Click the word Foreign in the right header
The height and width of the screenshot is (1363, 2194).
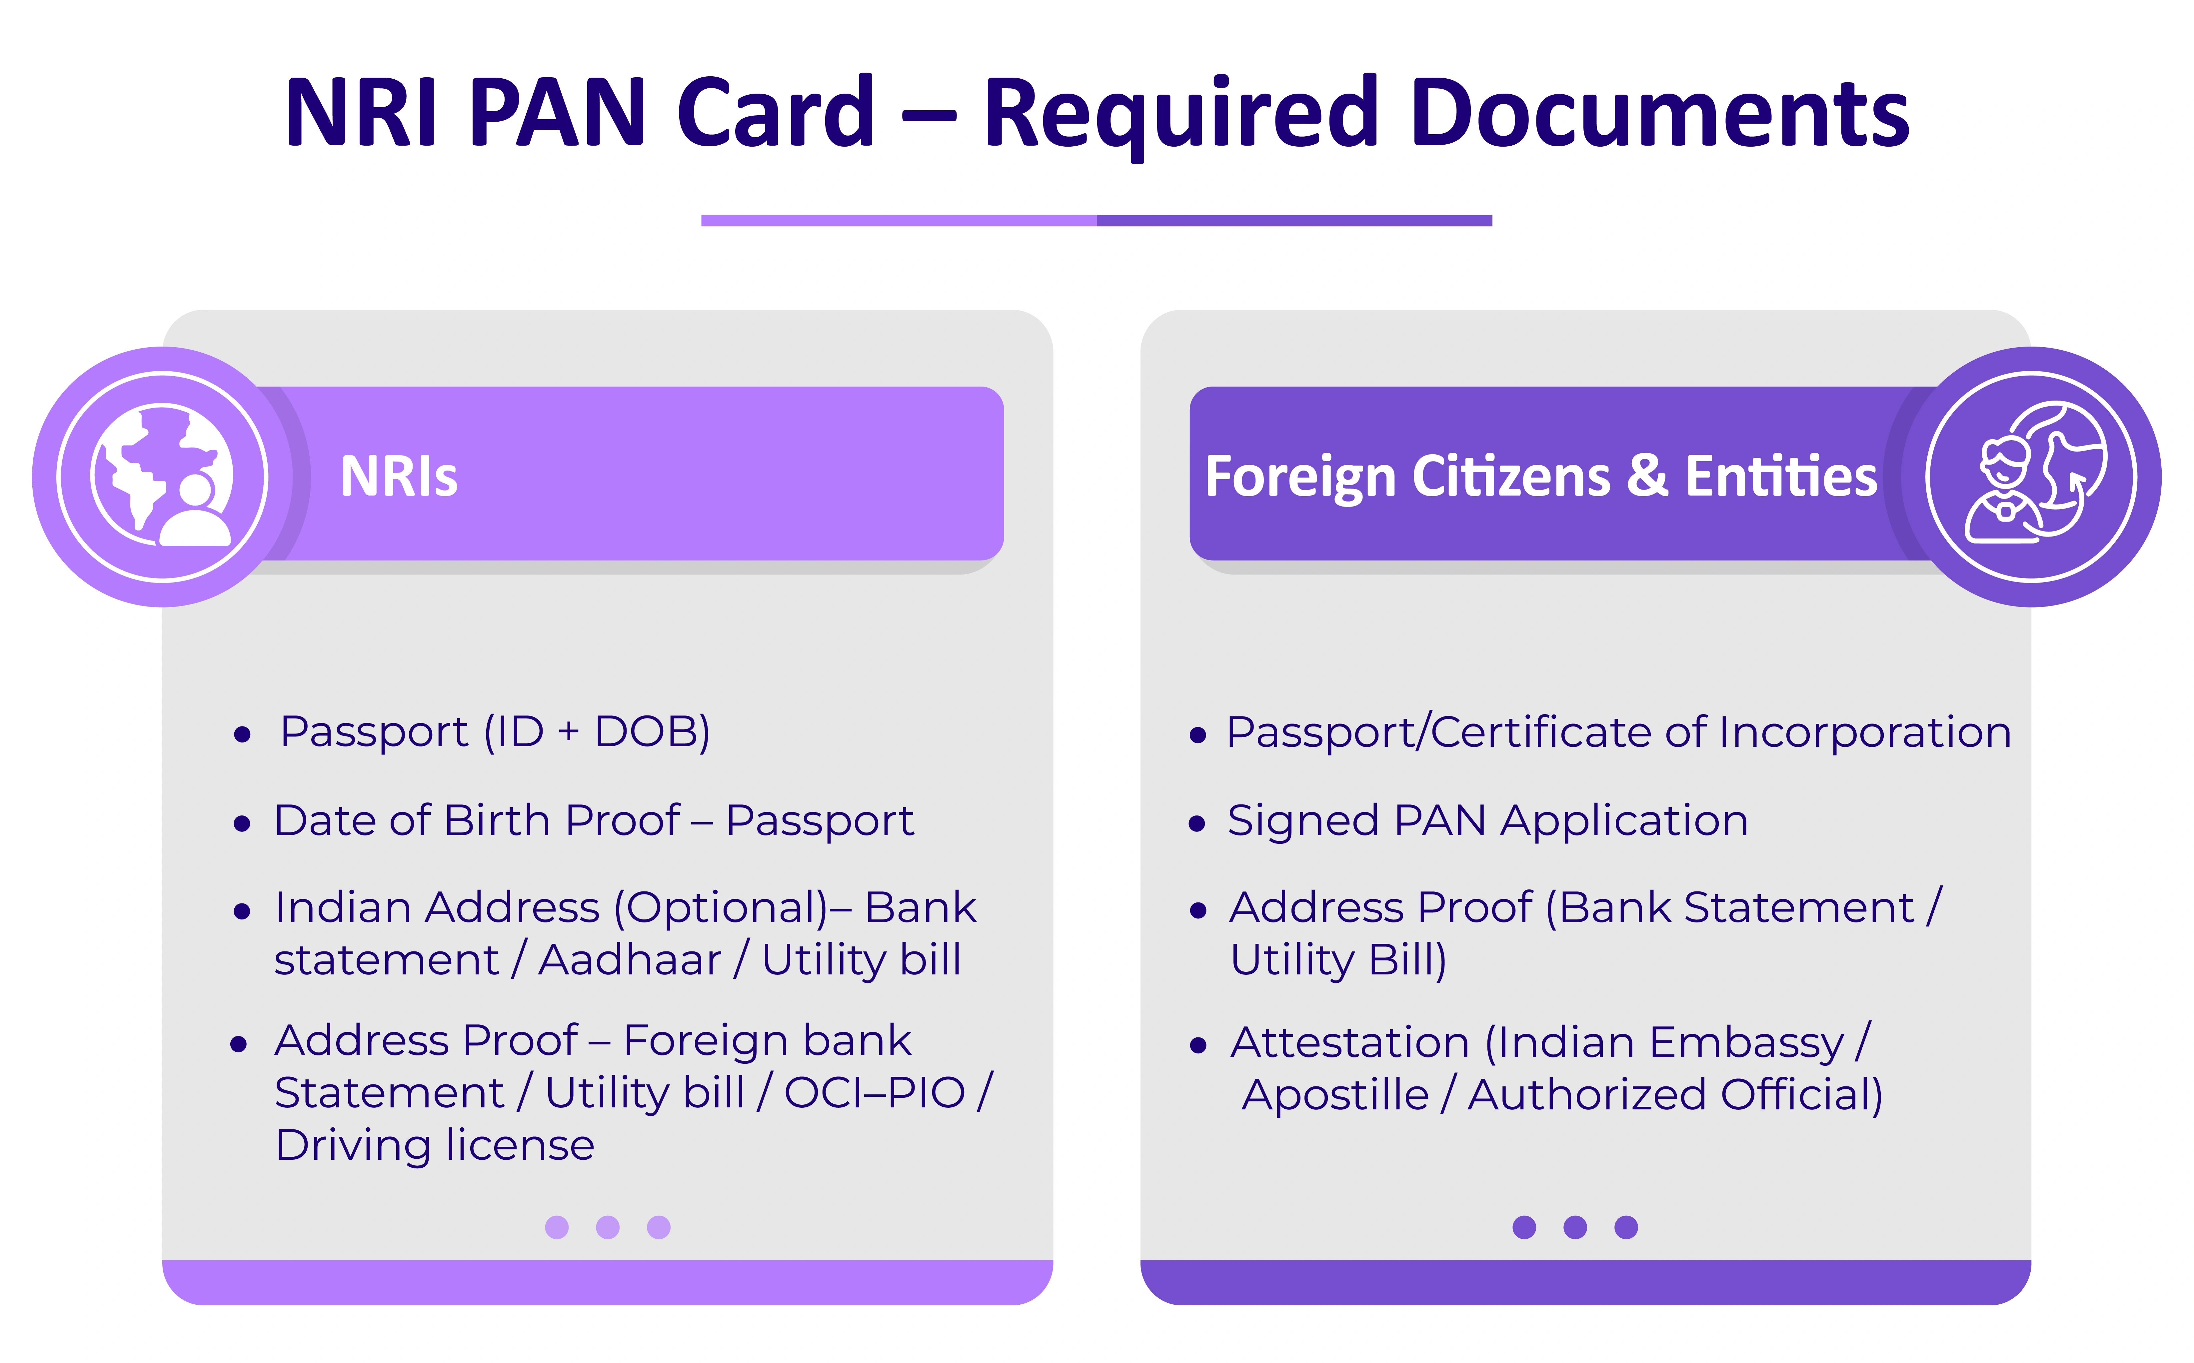[x=1300, y=478]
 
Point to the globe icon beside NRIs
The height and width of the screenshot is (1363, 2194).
[x=162, y=476]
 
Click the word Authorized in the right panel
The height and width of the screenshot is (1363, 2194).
[x=1586, y=1095]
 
